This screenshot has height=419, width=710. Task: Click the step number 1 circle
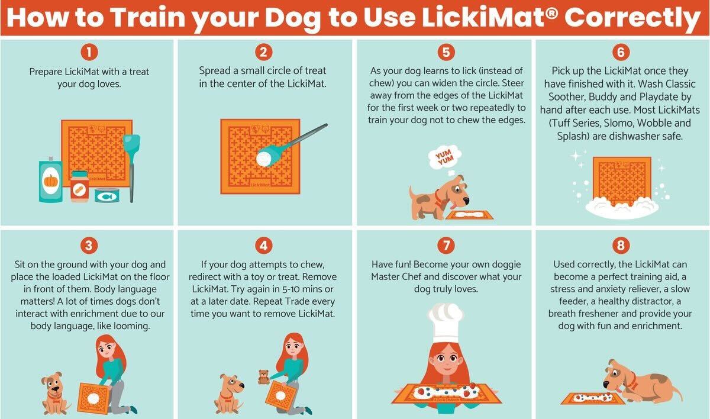(88, 53)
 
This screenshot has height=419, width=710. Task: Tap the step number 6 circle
(621, 53)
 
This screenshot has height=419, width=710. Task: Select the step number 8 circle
(621, 245)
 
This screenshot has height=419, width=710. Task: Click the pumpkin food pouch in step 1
(51, 181)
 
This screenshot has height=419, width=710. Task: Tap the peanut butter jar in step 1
(79, 186)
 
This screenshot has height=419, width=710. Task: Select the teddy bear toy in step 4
(263, 377)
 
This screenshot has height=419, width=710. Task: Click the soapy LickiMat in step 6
(621, 183)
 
